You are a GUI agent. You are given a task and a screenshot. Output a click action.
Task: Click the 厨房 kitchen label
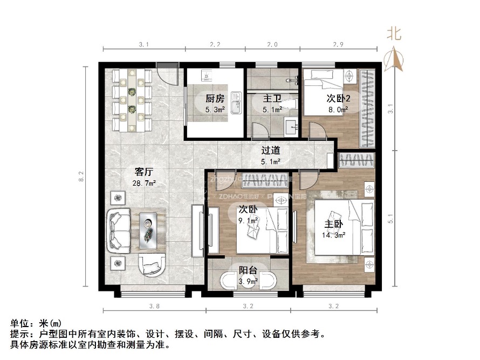tap(215, 99)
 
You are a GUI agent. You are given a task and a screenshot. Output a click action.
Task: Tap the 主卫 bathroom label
tap(271, 99)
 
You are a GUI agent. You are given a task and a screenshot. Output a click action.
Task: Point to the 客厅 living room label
tap(145, 172)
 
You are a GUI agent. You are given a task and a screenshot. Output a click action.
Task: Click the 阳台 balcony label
tap(248, 270)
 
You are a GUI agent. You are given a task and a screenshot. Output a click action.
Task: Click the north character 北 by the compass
tap(394, 34)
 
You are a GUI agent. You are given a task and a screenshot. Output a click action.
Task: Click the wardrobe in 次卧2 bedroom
tap(367, 108)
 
